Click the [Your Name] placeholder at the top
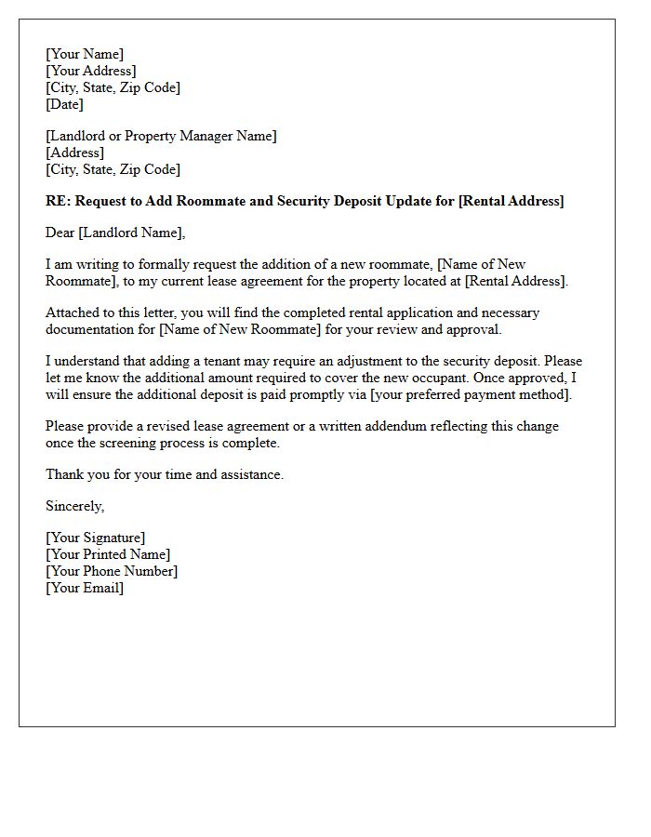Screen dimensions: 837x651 85,54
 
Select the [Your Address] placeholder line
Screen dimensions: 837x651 91,71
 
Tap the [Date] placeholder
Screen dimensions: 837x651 65,104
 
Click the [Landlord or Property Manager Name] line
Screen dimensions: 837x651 161,136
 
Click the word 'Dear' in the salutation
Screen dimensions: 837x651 60,232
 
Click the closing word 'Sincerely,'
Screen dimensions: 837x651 75,506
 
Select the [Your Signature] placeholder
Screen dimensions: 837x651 96,538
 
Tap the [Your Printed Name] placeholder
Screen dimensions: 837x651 108,554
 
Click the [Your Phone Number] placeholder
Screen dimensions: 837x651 112,571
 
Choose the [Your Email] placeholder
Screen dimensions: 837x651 85,588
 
